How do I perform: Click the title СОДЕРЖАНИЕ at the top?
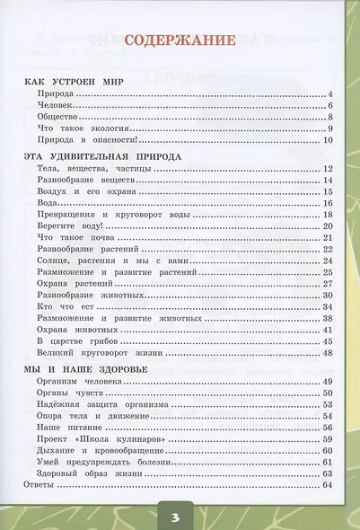click(180, 40)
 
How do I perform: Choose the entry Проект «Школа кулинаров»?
click(92, 439)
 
